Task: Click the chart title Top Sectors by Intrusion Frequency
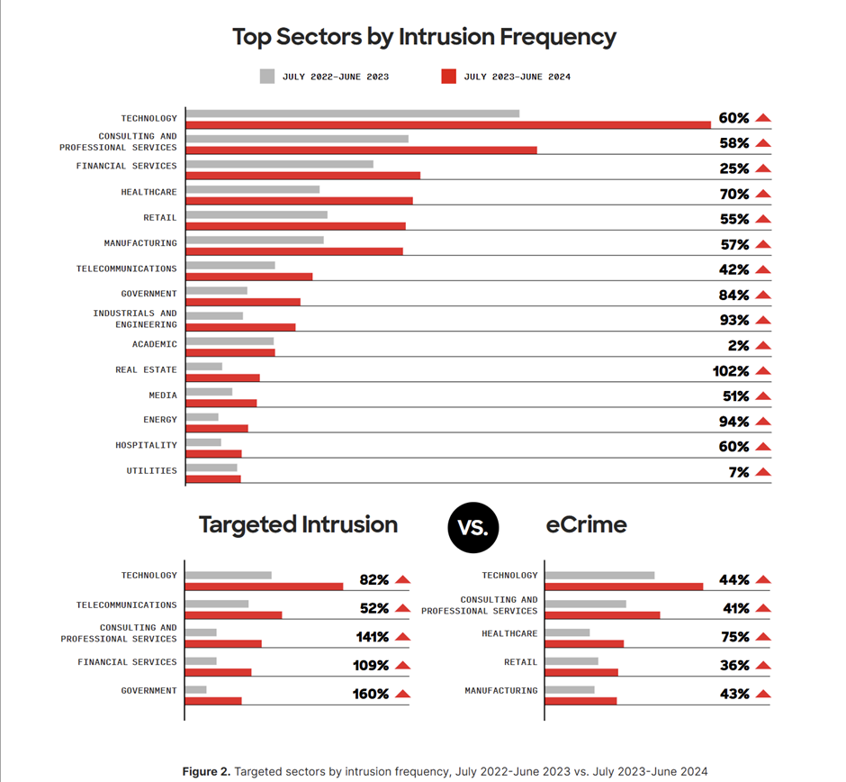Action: click(x=424, y=37)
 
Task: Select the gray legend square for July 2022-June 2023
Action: click(x=267, y=77)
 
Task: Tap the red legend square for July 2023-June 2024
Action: click(x=448, y=77)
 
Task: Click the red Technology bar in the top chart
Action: click(x=448, y=124)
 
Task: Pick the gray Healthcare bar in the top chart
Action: click(x=253, y=189)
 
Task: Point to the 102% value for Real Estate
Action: click(x=731, y=371)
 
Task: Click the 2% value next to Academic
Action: click(x=738, y=346)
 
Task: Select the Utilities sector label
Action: click(x=151, y=470)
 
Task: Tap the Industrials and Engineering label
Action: click(x=135, y=319)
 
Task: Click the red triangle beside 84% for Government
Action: click(x=763, y=295)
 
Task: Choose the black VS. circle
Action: click(x=472, y=527)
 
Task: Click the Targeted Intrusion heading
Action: click(x=298, y=525)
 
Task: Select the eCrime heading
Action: click(x=586, y=525)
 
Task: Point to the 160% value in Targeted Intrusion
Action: click(x=371, y=695)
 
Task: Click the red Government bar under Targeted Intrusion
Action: click(x=213, y=700)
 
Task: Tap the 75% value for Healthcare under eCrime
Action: click(x=734, y=637)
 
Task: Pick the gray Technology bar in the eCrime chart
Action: click(x=599, y=575)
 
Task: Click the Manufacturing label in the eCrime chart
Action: click(x=500, y=691)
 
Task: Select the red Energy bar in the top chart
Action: click(x=217, y=428)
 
